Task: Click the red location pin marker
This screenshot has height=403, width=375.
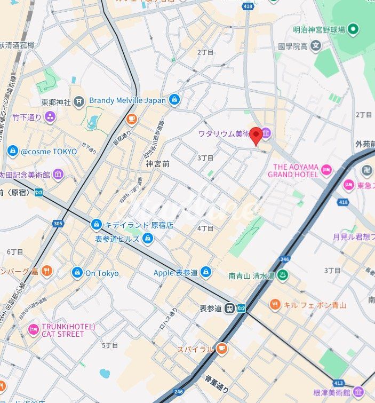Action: coord(256,136)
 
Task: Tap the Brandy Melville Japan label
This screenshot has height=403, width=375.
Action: coord(127,100)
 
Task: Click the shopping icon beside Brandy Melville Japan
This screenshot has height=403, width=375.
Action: coord(174,100)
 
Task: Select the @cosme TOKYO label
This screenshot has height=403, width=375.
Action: coord(49,152)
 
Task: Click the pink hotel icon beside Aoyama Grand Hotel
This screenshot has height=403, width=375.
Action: coord(326,170)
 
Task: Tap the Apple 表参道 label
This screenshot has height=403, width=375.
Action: coord(175,273)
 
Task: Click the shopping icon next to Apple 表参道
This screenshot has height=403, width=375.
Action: coord(206,273)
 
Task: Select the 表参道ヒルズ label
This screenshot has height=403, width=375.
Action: coord(117,239)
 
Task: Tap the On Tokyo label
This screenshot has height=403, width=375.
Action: coord(102,273)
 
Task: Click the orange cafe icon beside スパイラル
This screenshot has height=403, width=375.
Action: coord(221,349)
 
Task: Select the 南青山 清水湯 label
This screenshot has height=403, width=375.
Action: coord(251,276)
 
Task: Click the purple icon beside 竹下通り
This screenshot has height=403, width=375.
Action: coord(50,116)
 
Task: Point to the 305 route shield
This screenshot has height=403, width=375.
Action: coord(58,223)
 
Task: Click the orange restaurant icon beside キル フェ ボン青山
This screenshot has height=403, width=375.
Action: coord(275,305)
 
